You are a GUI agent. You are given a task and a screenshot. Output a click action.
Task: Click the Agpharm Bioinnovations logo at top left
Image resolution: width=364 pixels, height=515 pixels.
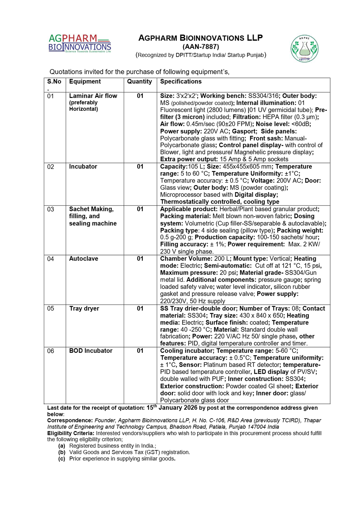click(x=79, y=43)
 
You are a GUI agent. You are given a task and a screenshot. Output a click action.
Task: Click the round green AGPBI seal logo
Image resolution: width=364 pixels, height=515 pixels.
click(x=304, y=48)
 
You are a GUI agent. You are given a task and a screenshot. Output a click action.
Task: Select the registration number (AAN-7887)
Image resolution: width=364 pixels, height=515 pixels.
click(x=200, y=47)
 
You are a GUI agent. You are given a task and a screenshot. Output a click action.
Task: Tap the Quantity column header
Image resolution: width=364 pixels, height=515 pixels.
click(x=139, y=82)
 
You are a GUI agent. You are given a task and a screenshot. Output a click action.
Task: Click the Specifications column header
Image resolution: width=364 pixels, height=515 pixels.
click(x=181, y=82)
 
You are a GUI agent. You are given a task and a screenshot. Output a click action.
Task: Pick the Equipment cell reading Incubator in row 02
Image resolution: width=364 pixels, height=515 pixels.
click(x=83, y=167)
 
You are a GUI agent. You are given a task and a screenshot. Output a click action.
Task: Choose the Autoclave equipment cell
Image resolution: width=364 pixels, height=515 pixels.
click(x=83, y=259)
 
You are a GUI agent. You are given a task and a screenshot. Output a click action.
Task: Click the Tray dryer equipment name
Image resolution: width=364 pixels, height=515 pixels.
click(x=84, y=309)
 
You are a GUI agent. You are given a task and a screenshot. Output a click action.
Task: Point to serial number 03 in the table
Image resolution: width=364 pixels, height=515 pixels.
click(x=50, y=209)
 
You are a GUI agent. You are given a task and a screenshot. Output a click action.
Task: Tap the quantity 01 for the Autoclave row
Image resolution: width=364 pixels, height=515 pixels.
click(x=140, y=259)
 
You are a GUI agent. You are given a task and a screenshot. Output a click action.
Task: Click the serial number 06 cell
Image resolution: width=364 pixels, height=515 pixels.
click(x=50, y=351)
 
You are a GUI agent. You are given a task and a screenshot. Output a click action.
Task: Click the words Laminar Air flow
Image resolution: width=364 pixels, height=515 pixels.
click(x=93, y=96)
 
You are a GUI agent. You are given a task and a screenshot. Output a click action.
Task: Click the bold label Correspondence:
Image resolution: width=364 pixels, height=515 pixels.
click(x=70, y=421)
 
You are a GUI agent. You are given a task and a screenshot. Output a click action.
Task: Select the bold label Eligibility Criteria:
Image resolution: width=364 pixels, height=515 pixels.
click(x=71, y=433)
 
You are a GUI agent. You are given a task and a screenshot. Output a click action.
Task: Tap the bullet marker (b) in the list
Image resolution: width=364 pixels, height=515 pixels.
click(x=62, y=452)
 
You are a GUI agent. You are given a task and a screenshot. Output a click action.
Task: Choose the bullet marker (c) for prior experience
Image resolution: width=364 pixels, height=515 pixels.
click(x=62, y=459)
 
